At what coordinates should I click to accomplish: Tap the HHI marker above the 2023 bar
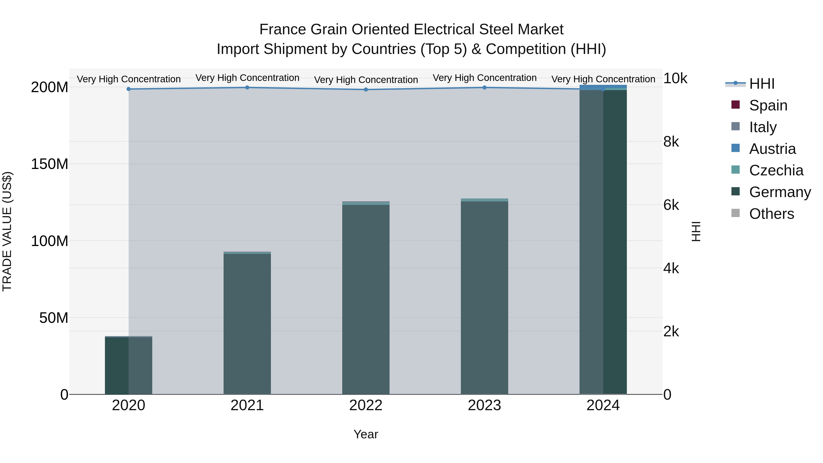(484, 88)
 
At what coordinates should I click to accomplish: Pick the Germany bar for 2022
(366, 299)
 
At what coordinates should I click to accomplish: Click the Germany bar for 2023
(484, 297)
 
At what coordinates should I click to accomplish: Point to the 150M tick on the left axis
(50, 164)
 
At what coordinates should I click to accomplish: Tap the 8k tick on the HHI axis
(671, 142)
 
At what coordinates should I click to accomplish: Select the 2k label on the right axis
(671, 332)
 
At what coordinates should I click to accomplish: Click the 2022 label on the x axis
(366, 405)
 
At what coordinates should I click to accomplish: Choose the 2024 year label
(603, 405)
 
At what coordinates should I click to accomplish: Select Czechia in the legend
(776, 170)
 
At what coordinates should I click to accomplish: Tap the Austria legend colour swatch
(735, 148)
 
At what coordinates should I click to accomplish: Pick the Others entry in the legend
(771, 214)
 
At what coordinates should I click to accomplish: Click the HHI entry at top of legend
(762, 84)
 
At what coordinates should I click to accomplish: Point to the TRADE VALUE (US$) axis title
(7, 231)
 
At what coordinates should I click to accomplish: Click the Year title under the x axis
(366, 434)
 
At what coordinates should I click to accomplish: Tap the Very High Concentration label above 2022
(366, 80)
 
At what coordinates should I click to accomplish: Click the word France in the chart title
(282, 29)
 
